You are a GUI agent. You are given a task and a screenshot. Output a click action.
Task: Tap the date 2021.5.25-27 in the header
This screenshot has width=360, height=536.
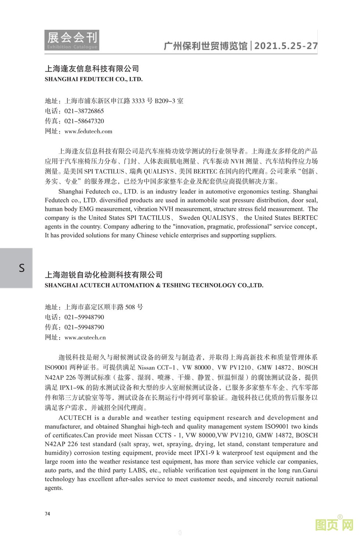[x=286, y=46]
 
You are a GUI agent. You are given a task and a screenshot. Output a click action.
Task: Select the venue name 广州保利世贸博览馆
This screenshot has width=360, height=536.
[x=205, y=46]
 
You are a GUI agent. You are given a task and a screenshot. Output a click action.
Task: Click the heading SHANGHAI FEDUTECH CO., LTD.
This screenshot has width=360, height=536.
[x=94, y=79]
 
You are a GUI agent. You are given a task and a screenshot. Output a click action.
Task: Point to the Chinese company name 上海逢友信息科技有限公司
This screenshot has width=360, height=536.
[x=92, y=69]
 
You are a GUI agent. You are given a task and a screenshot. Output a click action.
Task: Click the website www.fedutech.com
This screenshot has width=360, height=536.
[x=88, y=132]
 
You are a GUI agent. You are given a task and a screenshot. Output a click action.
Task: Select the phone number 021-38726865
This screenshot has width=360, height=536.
[x=84, y=111]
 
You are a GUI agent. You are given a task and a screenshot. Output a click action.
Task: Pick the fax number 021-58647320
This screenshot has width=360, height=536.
[x=84, y=121]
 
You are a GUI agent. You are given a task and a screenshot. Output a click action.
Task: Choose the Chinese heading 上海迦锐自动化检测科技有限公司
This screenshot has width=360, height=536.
[x=104, y=275]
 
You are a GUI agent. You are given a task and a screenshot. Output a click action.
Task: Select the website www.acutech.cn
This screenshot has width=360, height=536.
[x=85, y=338]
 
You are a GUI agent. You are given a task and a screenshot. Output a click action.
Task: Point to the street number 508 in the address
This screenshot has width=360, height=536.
[x=130, y=307]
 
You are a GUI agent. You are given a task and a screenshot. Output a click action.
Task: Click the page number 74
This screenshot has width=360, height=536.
[x=47, y=514]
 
